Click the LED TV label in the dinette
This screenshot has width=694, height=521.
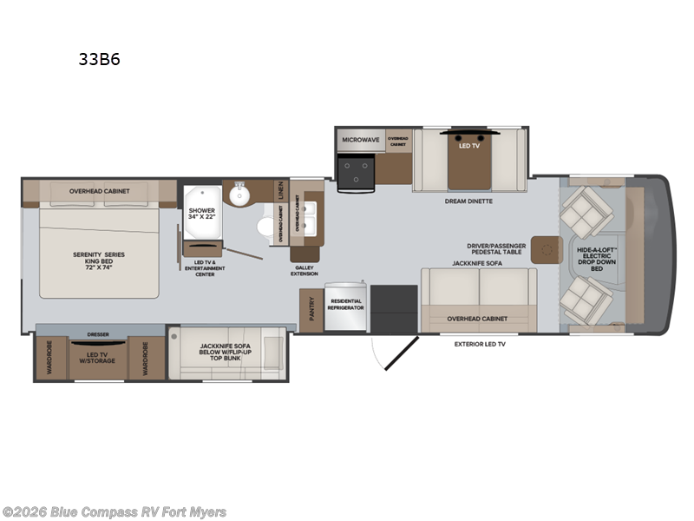coord(468,145)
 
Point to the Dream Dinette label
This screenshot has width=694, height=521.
coord(468,201)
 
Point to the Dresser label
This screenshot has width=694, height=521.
coord(98,333)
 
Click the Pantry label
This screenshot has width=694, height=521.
coord(311,309)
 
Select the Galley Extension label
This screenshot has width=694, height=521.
coord(304,270)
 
